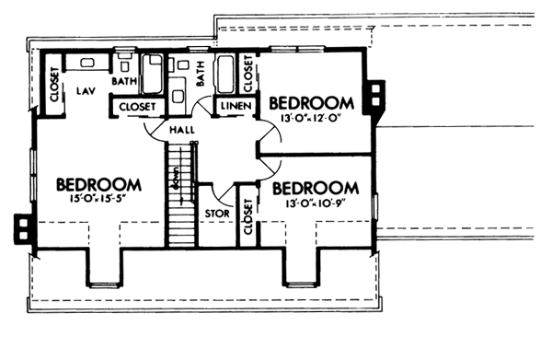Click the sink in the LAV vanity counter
[x=87, y=64]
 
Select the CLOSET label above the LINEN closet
[x=247, y=73]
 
